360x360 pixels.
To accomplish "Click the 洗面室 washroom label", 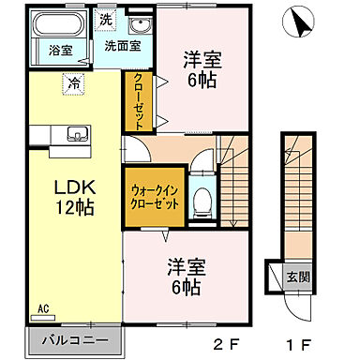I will click(x=122, y=44).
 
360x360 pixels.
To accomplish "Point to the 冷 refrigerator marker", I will click(x=72, y=83).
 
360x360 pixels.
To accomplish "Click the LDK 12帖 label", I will click(x=71, y=195).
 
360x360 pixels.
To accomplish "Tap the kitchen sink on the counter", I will click(x=77, y=132).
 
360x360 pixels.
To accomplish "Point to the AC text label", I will click(x=43, y=307).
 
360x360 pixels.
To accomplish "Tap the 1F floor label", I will click(x=302, y=343).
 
